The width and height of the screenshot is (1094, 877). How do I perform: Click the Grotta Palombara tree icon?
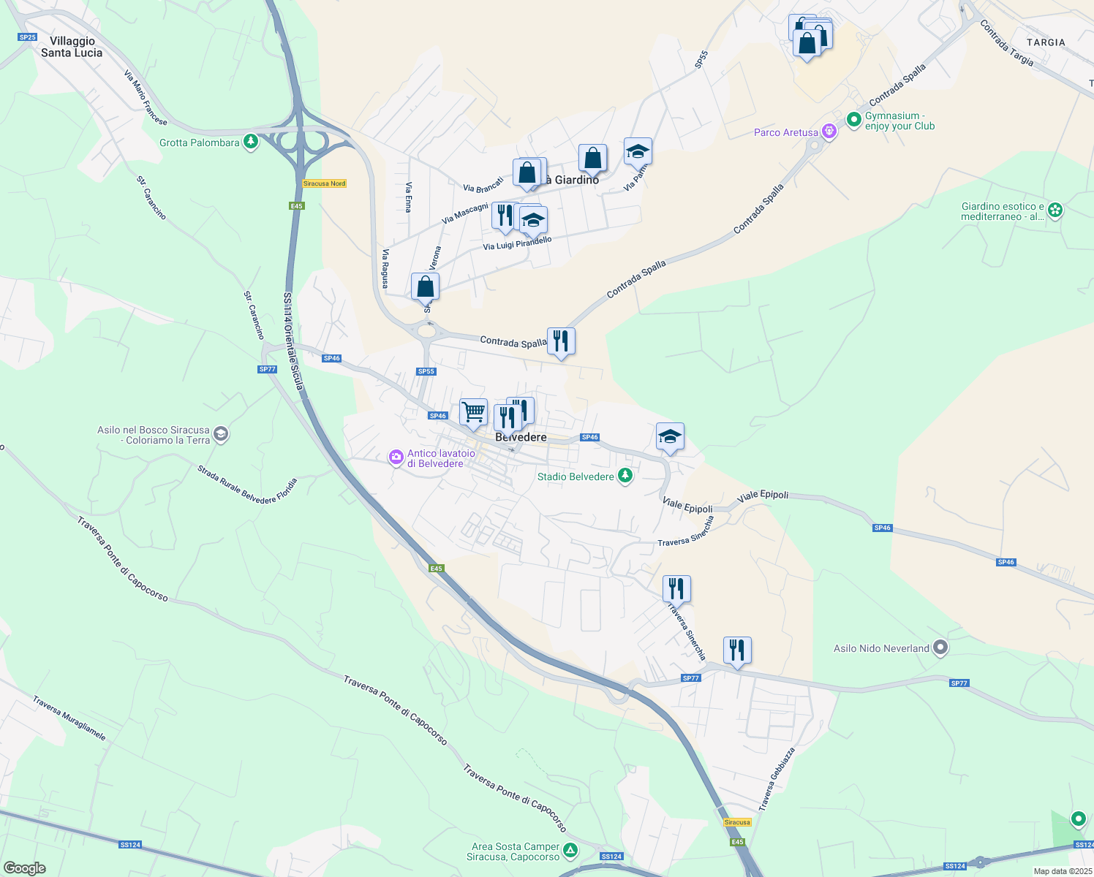coord(251,141)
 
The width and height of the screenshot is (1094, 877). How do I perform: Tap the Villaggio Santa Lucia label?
coord(72,47)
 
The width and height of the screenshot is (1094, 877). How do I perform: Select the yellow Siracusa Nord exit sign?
coord(324,183)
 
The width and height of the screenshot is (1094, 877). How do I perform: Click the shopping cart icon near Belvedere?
coord(473,412)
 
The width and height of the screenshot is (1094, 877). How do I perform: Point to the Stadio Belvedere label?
coord(576,477)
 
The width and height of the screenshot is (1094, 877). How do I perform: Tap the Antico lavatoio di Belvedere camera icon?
coord(396,458)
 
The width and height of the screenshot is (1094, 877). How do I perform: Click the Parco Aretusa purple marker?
coord(829,132)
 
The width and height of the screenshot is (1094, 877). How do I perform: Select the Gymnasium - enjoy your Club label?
coord(899,121)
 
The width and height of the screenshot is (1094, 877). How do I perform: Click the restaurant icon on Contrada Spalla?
coord(561,341)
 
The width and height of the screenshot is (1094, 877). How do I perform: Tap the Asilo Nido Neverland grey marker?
coord(940,648)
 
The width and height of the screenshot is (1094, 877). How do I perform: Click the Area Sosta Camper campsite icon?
coord(570,851)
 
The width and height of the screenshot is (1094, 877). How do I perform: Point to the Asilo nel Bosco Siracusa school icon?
coord(221,435)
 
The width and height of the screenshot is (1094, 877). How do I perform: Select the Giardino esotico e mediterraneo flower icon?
coord(1055,210)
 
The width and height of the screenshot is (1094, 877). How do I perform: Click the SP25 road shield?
coord(27,37)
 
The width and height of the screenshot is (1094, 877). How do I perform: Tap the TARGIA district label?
coord(1046,42)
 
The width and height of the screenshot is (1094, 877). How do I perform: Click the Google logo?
coord(24,868)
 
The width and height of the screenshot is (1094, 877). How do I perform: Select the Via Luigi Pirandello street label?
coord(517,243)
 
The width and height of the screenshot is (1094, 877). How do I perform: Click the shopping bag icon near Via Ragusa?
coord(425,287)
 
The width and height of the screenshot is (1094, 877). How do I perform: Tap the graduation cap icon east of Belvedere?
coord(670,437)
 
